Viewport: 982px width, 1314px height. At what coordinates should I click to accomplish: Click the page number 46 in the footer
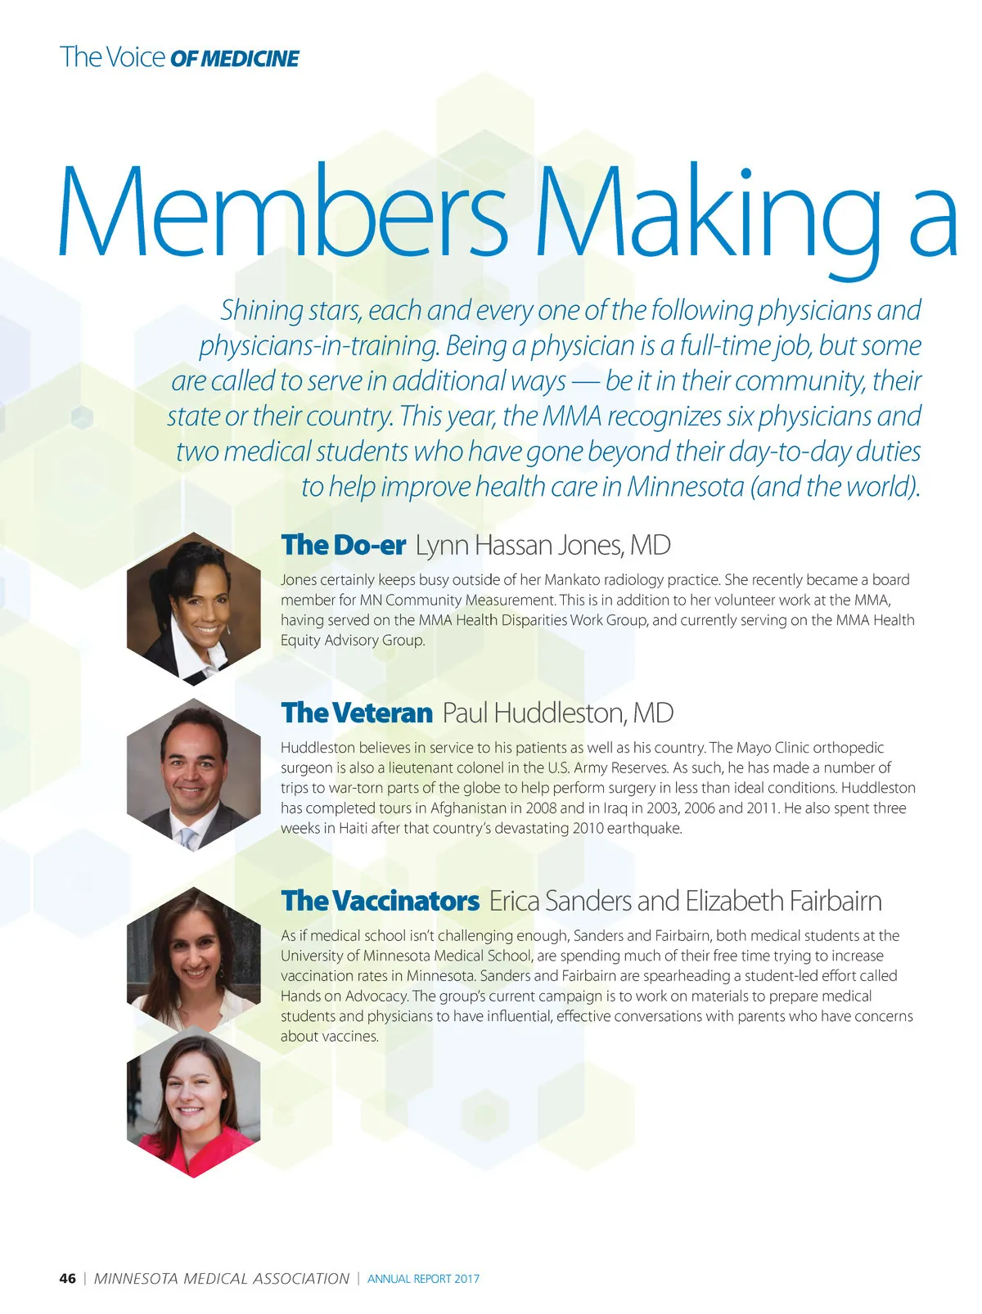point(67,1278)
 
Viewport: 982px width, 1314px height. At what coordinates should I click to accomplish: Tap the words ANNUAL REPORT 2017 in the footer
point(423,1279)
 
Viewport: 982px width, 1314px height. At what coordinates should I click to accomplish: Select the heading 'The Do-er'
point(343,545)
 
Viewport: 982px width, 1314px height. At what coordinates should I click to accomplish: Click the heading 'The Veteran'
point(356,713)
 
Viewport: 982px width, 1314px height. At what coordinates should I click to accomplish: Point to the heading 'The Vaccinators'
point(380,901)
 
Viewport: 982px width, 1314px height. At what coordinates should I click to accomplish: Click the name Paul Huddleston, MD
point(557,713)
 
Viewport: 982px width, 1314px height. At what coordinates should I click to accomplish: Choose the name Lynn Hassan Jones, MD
point(543,545)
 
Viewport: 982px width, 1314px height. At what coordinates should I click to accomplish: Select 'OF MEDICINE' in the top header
point(234,59)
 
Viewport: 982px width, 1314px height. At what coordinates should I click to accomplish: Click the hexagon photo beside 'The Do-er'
point(194,608)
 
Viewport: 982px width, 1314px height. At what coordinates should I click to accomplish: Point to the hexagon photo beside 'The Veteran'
point(194,775)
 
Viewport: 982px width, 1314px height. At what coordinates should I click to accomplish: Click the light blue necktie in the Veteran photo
point(189,838)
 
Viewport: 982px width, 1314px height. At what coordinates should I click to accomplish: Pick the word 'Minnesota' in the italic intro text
point(685,487)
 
